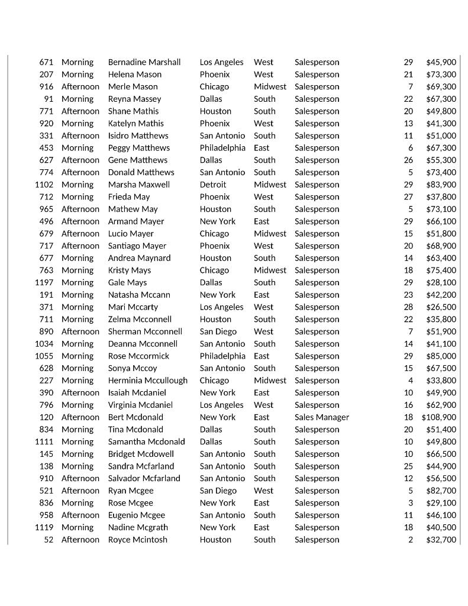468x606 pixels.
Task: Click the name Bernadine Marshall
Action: click(144, 62)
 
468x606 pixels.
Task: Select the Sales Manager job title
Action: click(321, 417)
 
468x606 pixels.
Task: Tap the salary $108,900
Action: click(438, 417)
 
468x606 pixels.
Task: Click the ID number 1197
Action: click(44, 282)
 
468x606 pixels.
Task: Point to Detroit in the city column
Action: click(212, 185)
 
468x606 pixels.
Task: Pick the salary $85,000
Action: click(441, 356)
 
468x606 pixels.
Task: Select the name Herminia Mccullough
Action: click(147, 381)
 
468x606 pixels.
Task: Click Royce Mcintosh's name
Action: click(137, 540)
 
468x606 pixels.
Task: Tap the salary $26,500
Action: click(441, 307)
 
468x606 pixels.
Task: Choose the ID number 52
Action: click(49, 540)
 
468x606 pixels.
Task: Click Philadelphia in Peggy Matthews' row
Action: click(222, 148)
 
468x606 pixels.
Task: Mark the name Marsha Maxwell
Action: click(138, 185)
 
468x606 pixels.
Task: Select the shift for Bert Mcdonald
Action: click(80, 417)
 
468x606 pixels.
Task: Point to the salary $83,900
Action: click(441, 185)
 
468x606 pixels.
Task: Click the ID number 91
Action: click(49, 99)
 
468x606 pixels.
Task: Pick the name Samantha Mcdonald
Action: click(146, 441)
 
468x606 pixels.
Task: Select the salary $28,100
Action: click(441, 282)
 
